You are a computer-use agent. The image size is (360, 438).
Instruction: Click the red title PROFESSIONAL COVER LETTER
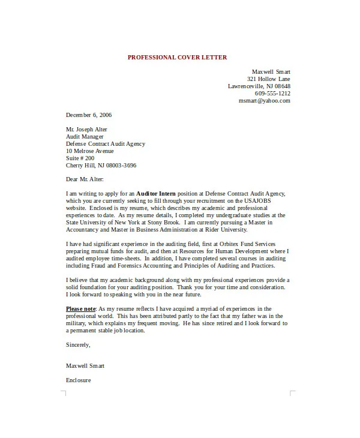[177, 58]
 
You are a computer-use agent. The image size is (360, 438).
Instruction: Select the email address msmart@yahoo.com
[265, 101]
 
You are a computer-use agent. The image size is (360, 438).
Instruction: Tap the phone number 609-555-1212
[272, 94]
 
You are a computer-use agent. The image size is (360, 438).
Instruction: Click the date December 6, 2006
[89, 115]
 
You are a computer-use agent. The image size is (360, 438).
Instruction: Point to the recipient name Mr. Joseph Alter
[87, 129]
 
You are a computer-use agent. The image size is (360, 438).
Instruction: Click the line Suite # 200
[81, 158]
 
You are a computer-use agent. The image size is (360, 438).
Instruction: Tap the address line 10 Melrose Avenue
[89, 151]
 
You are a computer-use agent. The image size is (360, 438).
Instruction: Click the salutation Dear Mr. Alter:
[85, 179]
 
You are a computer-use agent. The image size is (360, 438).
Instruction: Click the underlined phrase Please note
[80, 308]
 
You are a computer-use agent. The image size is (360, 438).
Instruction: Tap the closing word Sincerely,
[78, 344]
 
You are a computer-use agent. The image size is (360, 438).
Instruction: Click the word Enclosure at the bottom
[79, 380]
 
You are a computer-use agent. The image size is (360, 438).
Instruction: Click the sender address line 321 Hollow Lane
[268, 79]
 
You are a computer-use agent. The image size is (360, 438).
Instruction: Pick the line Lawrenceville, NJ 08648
[259, 86]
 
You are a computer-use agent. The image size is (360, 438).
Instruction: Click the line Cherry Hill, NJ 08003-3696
[101, 165]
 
